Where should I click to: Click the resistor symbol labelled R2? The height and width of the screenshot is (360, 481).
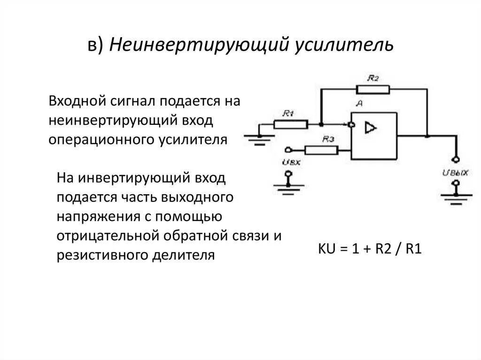click(372, 89)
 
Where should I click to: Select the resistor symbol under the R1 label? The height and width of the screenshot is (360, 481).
click(290, 124)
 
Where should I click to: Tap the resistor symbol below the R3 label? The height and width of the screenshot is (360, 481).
click(321, 150)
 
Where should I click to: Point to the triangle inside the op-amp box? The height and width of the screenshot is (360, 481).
click(371, 128)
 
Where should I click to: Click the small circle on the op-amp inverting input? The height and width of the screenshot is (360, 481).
click(350, 125)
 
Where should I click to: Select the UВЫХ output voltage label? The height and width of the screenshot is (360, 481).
click(455, 172)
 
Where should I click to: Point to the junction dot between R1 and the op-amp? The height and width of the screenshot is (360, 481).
click(321, 124)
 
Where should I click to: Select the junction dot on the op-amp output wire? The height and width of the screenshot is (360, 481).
click(427, 136)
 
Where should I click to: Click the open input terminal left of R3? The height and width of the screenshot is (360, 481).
click(288, 150)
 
